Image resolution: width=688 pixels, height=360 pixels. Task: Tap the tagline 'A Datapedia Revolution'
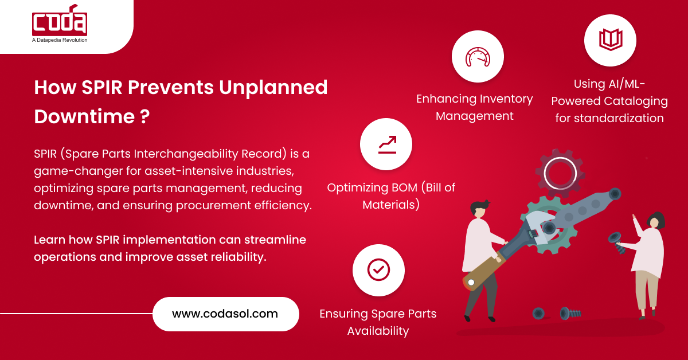pyautogui.click(x=60, y=40)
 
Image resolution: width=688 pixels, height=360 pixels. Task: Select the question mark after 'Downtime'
pyautogui.click(x=145, y=116)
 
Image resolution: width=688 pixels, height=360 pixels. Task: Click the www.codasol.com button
pyautogui.click(x=225, y=314)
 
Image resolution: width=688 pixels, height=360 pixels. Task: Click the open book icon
pyautogui.click(x=610, y=40)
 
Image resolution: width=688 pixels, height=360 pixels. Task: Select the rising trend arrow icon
pyautogui.click(x=386, y=144)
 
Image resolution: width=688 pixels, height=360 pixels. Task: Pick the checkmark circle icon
pyautogui.click(x=378, y=269)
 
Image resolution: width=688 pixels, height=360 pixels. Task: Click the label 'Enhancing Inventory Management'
pyautogui.click(x=474, y=107)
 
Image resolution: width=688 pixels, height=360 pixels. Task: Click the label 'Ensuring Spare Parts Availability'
pyautogui.click(x=378, y=322)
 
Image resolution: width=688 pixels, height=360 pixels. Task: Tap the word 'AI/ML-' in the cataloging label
pyautogui.click(x=623, y=84)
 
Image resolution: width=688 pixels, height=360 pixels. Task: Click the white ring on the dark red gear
pyautogui.click(x=560, y=173)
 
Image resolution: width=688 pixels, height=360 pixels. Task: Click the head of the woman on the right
pyautogui.click(x=655, y=221)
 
